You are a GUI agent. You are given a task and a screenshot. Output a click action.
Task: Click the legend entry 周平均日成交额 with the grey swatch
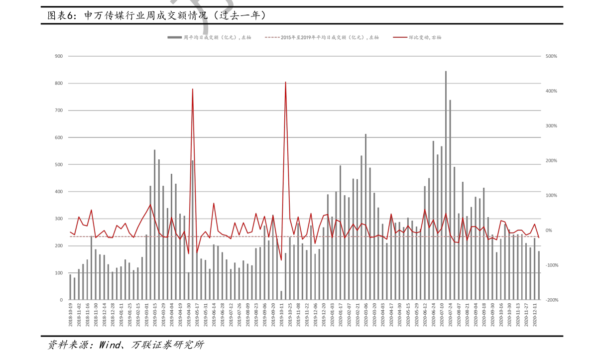[x=210, y=37]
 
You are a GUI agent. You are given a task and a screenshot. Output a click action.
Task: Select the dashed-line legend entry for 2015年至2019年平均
[x=322, y=37]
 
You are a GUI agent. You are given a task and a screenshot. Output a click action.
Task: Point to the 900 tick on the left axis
[x=59, y=56]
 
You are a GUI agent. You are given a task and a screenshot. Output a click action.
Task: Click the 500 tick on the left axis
[x=59, y=165]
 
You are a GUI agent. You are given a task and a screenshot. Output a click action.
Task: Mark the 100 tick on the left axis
[x=59, y=273]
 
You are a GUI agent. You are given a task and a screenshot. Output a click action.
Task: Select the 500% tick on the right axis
[x=551, y=56]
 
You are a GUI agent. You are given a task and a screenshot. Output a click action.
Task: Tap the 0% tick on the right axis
[x=549, y=231]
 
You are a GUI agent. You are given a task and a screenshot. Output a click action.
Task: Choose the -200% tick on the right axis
[x=551, y=300]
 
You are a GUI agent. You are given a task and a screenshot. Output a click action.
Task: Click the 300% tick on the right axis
[x=551, y=126]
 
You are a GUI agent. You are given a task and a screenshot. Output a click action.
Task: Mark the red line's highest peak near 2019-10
[x=285, y=82]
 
